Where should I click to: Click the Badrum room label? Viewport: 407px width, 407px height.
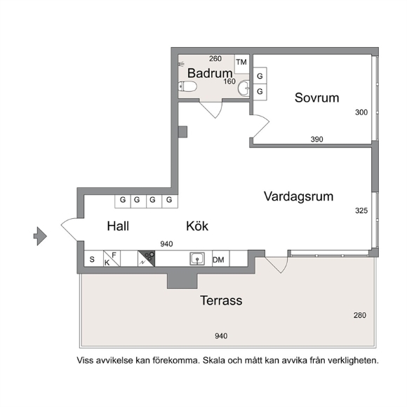pos(210,73)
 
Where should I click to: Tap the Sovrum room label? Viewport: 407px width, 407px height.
pos(316,98)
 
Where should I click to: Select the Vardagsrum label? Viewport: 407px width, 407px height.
pos(298,196)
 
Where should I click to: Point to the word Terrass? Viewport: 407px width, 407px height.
pos(221,300)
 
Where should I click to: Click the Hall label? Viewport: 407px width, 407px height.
pos(118,226)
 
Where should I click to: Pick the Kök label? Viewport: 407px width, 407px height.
pos(197,226)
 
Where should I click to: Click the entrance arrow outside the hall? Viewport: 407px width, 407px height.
pos(40,236)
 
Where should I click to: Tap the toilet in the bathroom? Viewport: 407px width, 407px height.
pos(187,86)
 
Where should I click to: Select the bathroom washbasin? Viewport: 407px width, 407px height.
pos(244,88)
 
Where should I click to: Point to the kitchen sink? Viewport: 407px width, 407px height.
pos(197,259)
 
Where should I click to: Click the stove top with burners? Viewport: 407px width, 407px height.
pos(147,258)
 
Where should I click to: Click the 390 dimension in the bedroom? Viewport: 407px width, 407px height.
pos(316,140)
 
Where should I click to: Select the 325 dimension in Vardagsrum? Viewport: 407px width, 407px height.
pos(361,211)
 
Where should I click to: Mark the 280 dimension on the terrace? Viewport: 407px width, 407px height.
pos(360,315)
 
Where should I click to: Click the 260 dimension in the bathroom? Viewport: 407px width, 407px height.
pos(215,59)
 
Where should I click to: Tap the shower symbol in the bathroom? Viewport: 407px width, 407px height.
pos(182,64)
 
